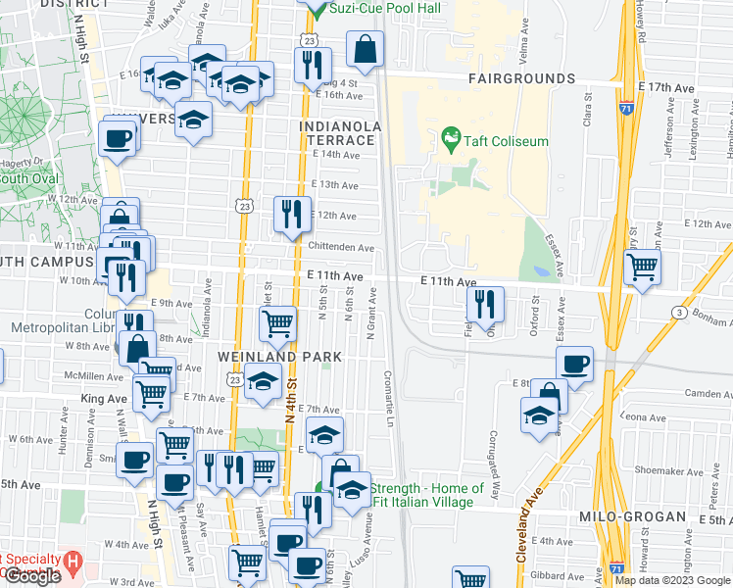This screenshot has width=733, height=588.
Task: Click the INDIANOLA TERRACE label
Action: coord(337,133)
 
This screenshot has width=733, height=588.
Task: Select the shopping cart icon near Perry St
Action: coord(642,266)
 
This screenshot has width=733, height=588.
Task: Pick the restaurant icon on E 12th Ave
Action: coord(290,215)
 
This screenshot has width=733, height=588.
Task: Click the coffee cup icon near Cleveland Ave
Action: coord(575,364)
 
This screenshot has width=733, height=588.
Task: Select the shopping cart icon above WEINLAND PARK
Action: coord(278,323)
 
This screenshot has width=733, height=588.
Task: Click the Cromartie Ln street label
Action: coord(389,397)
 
